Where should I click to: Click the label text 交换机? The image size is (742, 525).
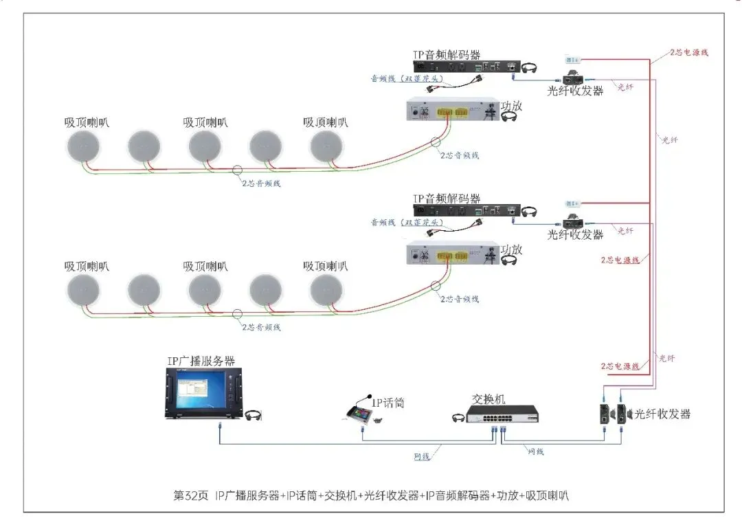(x=488, y=399)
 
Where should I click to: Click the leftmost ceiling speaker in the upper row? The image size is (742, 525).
(x=83, y=147)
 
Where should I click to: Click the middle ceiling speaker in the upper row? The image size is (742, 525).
(x=205, y=147)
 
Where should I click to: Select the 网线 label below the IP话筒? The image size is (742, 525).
(x=422, y=456)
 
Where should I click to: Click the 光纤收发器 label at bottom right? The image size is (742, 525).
(x=662, y=414)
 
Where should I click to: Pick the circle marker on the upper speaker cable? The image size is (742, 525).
(x=237, y=170)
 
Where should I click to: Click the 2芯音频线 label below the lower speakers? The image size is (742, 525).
(x=262, y=327)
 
